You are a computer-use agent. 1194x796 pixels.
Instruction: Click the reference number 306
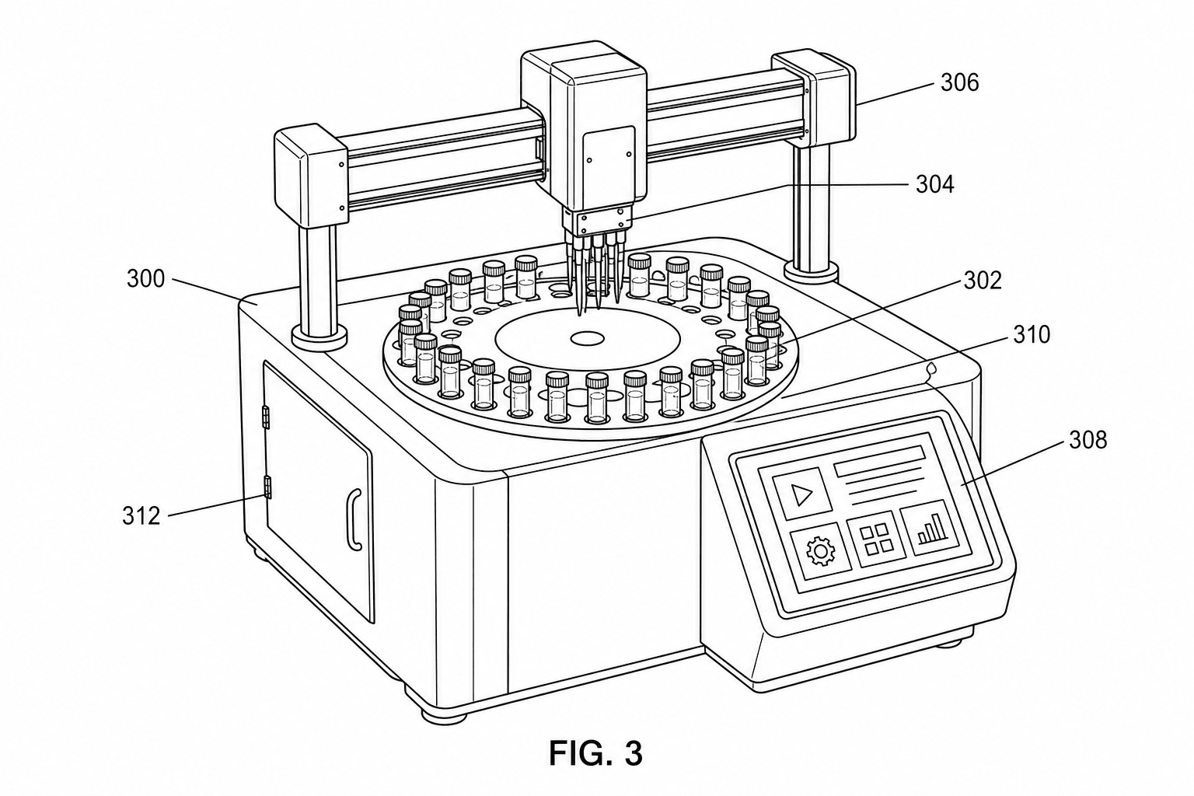coord(959,83)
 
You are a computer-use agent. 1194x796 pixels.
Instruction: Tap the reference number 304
coord(935,184)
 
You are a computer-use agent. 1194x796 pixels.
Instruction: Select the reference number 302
coord(983,281)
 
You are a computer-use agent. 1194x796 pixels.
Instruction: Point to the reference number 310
coord(1031,335)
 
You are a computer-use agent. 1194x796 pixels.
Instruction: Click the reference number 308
coord(1088,441)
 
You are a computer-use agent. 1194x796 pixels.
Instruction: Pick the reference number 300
coord(145,279)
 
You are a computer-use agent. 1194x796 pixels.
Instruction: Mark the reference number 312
coord(141,516)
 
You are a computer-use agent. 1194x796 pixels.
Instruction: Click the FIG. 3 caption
coord(596,753)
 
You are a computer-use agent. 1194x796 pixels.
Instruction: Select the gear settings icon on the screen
coord(821,553)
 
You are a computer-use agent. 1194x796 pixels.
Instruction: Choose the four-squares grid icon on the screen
coord(877,539)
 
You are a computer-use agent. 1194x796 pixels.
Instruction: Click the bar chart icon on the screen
coord(930,528)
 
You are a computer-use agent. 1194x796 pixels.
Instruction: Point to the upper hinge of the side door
coord(266,417)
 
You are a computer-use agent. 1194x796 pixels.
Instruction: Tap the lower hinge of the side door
coord(267,488)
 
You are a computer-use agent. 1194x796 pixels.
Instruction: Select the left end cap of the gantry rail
coord(311,176)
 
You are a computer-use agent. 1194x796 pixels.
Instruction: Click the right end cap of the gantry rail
coord(814,99)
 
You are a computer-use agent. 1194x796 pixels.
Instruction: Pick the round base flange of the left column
coord(319,339)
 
